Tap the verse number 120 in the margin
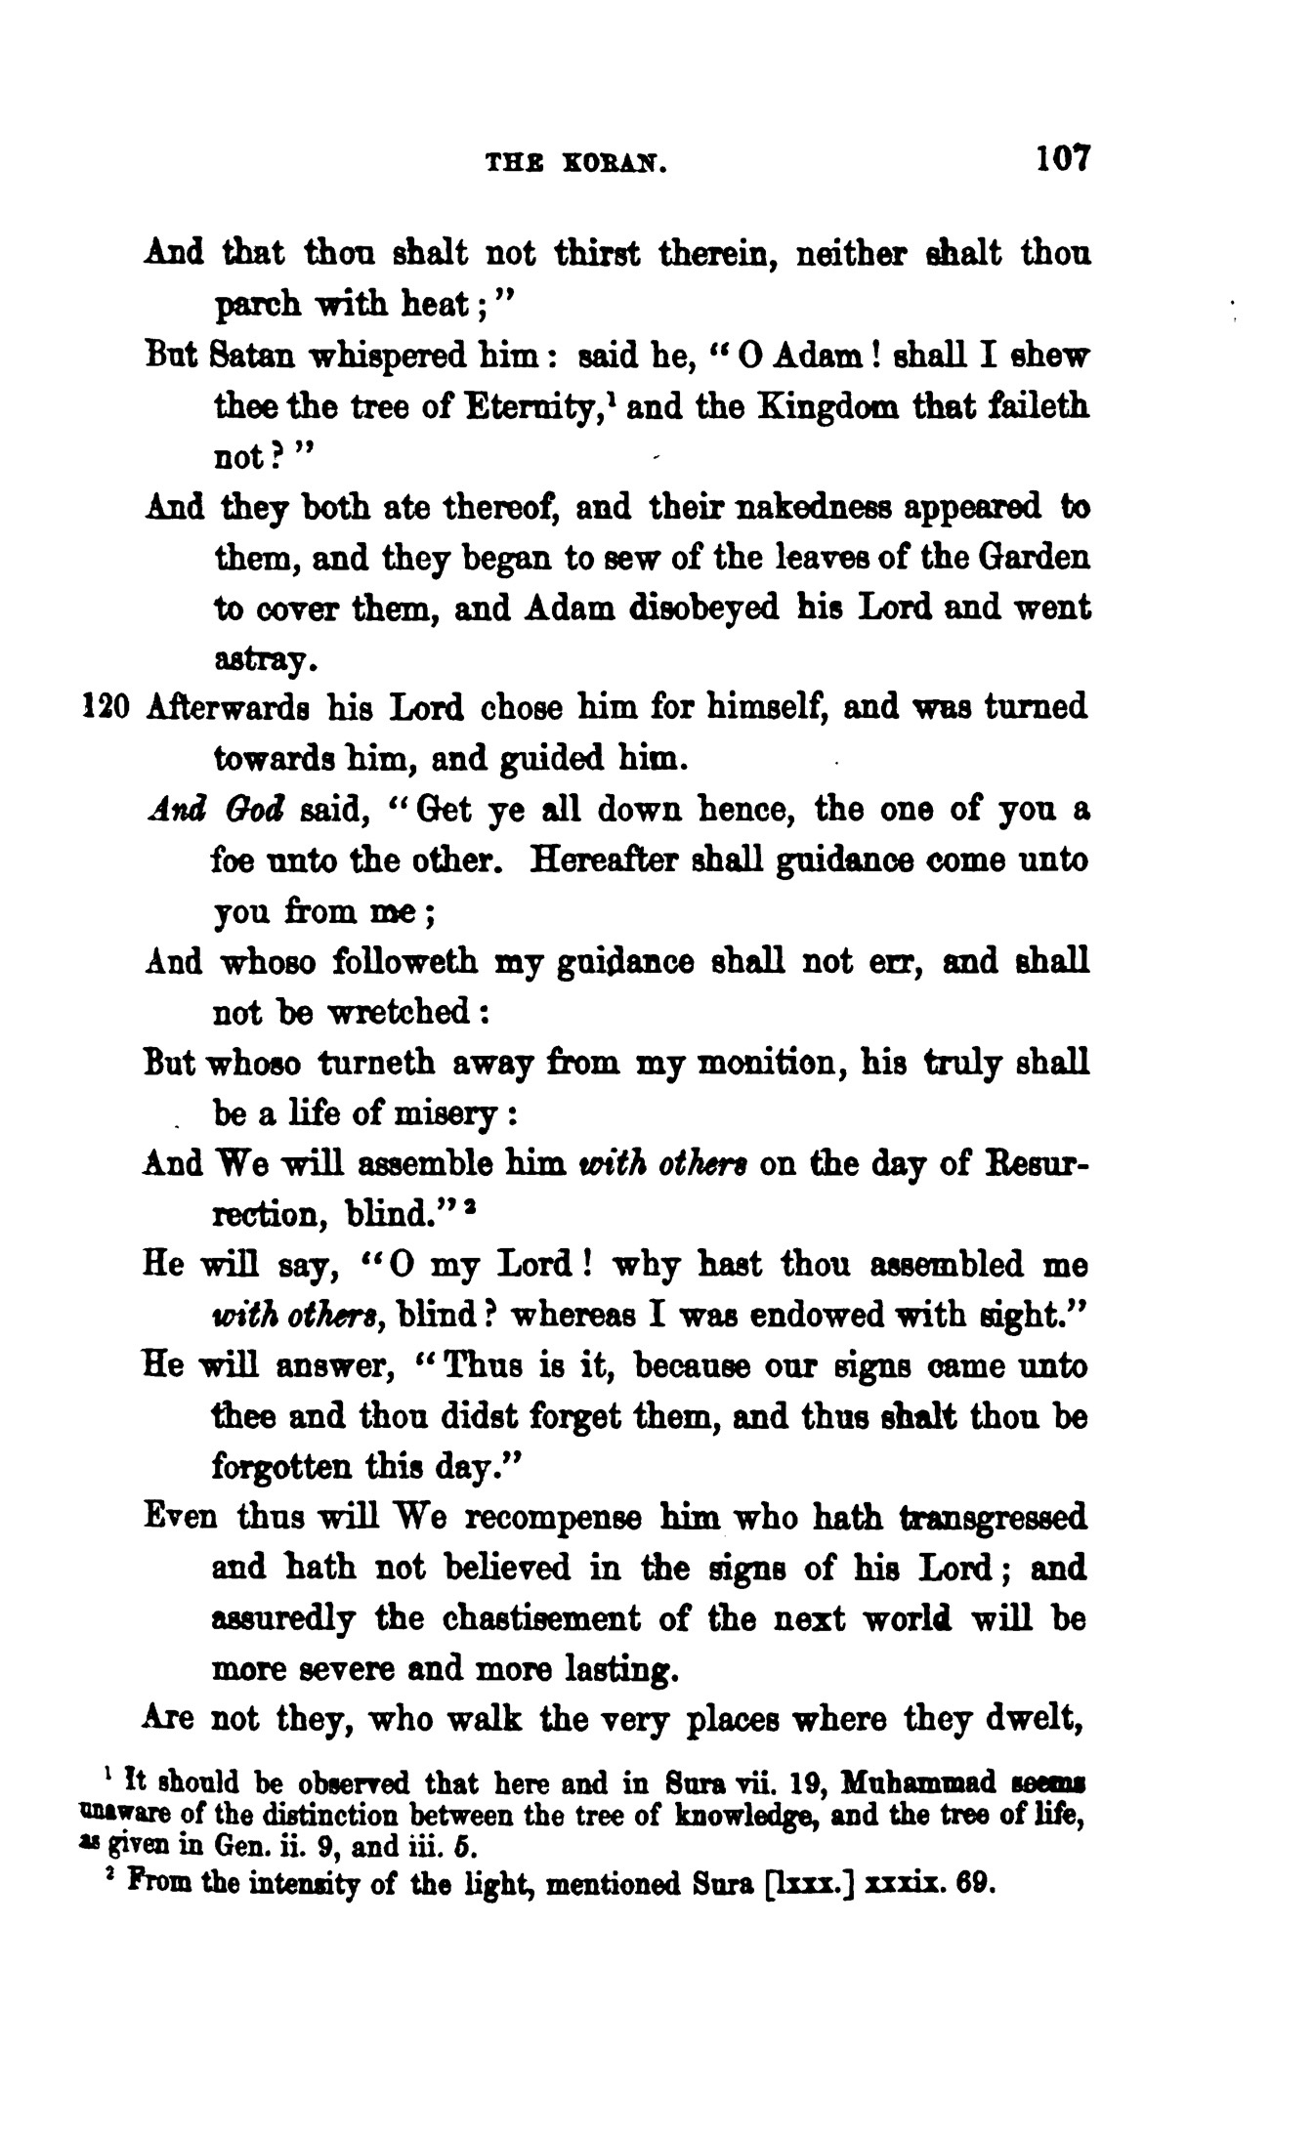[101, 706]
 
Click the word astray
[263, 661]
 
